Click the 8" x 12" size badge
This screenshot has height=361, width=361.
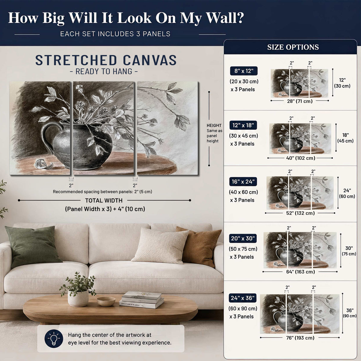tap(244, 71)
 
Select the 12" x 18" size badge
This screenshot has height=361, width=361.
tap(243, 125)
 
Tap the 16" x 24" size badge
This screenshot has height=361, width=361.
tap(243, 181)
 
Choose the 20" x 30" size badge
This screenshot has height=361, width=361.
tap(243, 238)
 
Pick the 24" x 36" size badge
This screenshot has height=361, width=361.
tap(242, 298)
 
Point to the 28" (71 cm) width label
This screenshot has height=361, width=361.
tap(300, 101)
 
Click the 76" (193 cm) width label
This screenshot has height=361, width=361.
tap(300, 338)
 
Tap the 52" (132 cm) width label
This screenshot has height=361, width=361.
tap(300, 213)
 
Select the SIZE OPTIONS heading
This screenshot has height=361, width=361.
tap(293, 47)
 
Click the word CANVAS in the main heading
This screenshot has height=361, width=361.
tap(150, 60)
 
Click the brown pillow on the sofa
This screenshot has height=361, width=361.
tap(199, 246)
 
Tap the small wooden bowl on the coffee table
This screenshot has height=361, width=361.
tap(106, 301)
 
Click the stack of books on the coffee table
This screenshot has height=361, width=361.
tap(141, 300)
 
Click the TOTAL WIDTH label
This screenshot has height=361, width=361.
tap(104, 200)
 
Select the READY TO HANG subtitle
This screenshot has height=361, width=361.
tap(104, 71)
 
